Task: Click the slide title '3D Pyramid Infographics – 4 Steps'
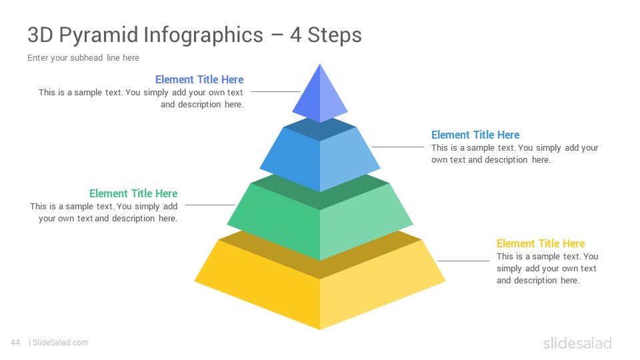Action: click(195, 35)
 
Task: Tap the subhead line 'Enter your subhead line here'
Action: click(83, 58)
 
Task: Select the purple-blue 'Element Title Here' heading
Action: click(199, 79)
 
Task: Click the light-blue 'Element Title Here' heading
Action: click(475, 135)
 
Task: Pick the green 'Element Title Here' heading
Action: click(133, 193)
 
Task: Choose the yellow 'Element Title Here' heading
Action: click(541, 244)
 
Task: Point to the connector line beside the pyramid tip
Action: click(275, 91)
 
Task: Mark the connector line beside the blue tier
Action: click(398, 147)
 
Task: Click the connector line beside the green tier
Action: click(210, 205)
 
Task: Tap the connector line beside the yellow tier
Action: click(463, 261)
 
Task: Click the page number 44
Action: click(15, 343)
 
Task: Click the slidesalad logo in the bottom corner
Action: click(577, 343)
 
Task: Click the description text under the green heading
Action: click(104, 212)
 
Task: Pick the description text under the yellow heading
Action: click(547, 268)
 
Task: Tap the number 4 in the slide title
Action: click(296, 35)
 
